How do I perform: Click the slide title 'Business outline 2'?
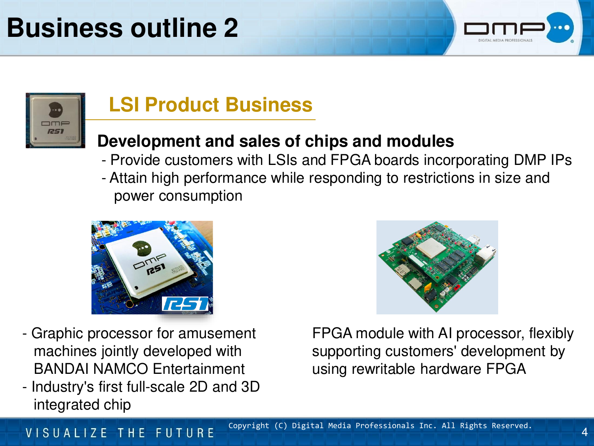point(122,28)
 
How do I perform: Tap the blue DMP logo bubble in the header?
point(560,27)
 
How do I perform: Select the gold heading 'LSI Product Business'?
point(211,105)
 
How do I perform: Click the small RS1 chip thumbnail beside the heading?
point(55,121)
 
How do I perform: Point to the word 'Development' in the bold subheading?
point(149,142)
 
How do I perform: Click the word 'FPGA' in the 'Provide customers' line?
point(350,160)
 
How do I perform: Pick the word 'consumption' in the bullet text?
point(200,196)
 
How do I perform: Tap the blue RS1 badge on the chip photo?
point(185,304)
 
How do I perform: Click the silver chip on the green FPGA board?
point(431,247)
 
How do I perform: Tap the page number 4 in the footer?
point(584,432)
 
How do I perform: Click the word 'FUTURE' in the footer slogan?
point(185,433)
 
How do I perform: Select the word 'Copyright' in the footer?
point(249,426)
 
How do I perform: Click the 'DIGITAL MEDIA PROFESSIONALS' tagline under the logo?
point(505,40)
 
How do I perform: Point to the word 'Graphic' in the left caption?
point(57,333)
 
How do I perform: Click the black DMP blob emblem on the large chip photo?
point(141,248)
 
